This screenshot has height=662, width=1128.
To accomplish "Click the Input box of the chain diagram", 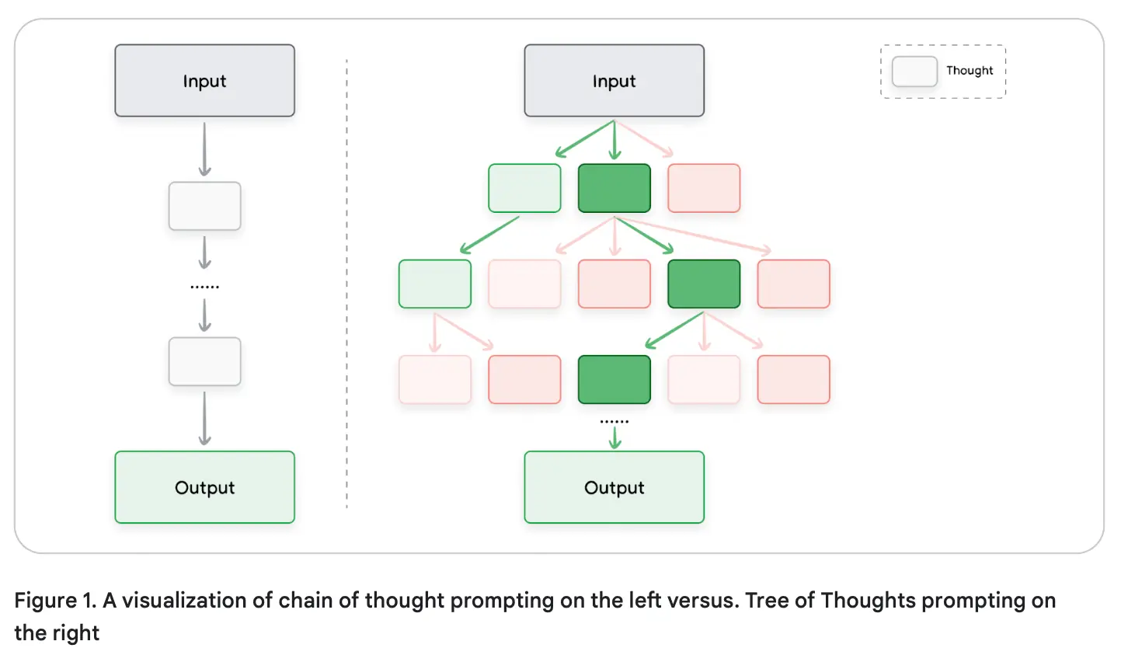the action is click(x=204, y=81).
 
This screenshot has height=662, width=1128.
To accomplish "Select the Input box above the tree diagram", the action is click(x=614, y=81).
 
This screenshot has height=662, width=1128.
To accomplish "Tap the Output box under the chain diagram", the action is click(x=204, y=487).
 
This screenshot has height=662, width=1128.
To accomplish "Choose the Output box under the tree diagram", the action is click(x=614, y=487).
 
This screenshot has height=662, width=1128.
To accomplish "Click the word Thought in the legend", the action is click(x=970, y=71).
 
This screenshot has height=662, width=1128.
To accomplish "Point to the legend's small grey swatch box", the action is click(x=914, y=71).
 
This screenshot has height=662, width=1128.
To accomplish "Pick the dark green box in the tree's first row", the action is click(x=614, y=188).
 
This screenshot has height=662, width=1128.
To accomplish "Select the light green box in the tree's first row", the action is click(x=524, y=188).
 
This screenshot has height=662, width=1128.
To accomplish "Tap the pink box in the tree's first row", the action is click(x=704, y=188).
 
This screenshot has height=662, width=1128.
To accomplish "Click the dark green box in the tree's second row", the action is click(x=704, y=284).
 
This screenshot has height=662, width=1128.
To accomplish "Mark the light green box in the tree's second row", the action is click(x=434, y=284).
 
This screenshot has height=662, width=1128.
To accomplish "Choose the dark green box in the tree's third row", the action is click(x=614, y=379).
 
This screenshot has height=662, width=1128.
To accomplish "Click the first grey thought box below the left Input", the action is click(x=204, y=206).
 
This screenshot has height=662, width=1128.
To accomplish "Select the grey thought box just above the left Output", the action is click(x=204, y=361).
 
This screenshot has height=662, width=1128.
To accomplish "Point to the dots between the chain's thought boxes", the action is click(x=204, y=287).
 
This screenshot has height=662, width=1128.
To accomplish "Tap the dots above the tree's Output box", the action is click(x=614, y=422).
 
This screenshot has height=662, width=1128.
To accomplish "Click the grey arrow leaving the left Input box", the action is click(x=204, y=149).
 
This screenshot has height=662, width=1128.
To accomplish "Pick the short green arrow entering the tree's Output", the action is click(x=614, y=437).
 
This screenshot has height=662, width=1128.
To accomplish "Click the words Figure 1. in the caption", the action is click(x=55, y=601).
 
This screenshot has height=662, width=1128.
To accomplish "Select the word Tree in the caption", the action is click(x=767, y=601).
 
